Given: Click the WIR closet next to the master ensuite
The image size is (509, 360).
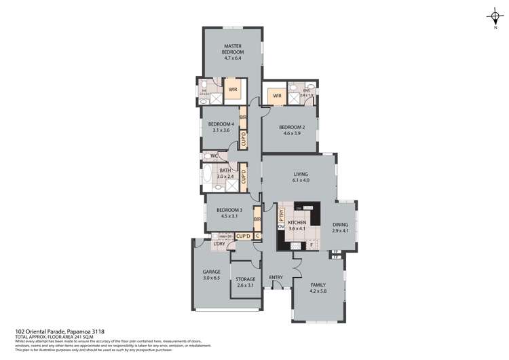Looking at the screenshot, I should pos(233,89).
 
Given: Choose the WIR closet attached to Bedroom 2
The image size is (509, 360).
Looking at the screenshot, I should pos(277,96).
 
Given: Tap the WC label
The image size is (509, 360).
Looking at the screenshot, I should pos(214,156).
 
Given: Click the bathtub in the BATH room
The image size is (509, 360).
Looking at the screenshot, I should pos(206,179).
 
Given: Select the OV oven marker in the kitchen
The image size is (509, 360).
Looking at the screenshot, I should pos(281,228).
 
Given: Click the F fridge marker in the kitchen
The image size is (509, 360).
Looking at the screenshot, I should pos(311,245).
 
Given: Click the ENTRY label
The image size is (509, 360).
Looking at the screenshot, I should pos(276,277).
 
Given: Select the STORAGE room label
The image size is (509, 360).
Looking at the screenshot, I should pos(245,278).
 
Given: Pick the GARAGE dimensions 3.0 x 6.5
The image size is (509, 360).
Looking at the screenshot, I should pos(211,278).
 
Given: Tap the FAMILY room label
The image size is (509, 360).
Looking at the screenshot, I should pos(318,285).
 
